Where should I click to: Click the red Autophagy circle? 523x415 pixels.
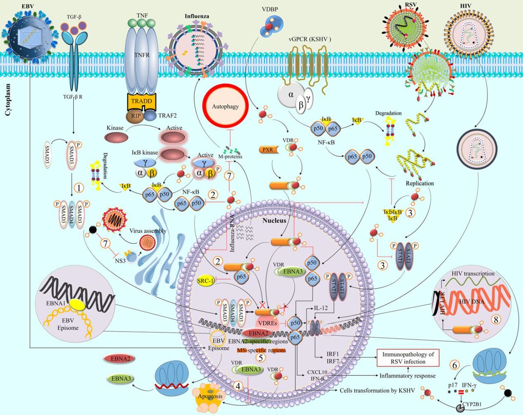pos(225,106)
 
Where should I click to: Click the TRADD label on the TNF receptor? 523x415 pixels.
pos(141,101)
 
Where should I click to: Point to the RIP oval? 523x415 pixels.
pos(135,116)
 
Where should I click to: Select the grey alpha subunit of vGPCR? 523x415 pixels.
pos(291,95)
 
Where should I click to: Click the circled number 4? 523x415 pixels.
pos(238,386)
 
